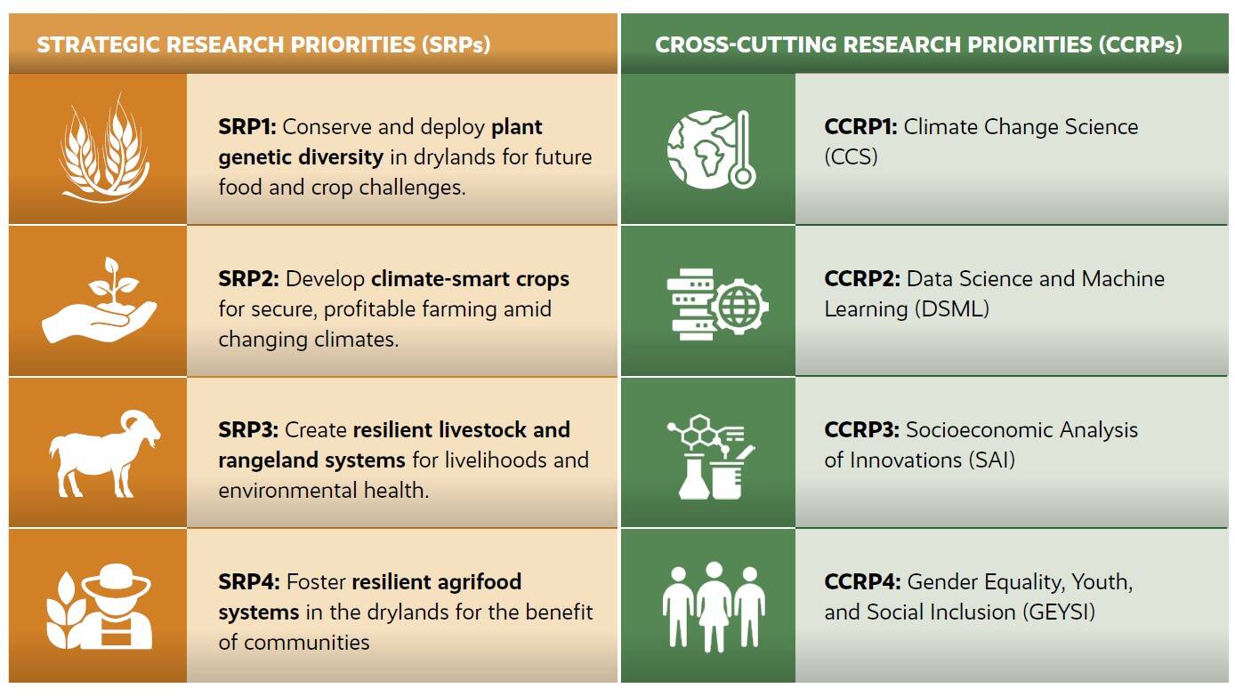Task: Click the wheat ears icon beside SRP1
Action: (x=97, y=148)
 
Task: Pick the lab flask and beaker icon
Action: (x=711, y=456)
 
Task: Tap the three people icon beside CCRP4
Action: (x=713, y=604)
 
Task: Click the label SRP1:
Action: (x=247, y=127)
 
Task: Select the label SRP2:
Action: (x=248, y=279)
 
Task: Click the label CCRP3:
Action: (x=861, y=430)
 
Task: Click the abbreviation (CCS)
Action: (x=851, y=157)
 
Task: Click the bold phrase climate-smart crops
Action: (x=470, y=279)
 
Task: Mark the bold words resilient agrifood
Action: (x=436, y=582)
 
